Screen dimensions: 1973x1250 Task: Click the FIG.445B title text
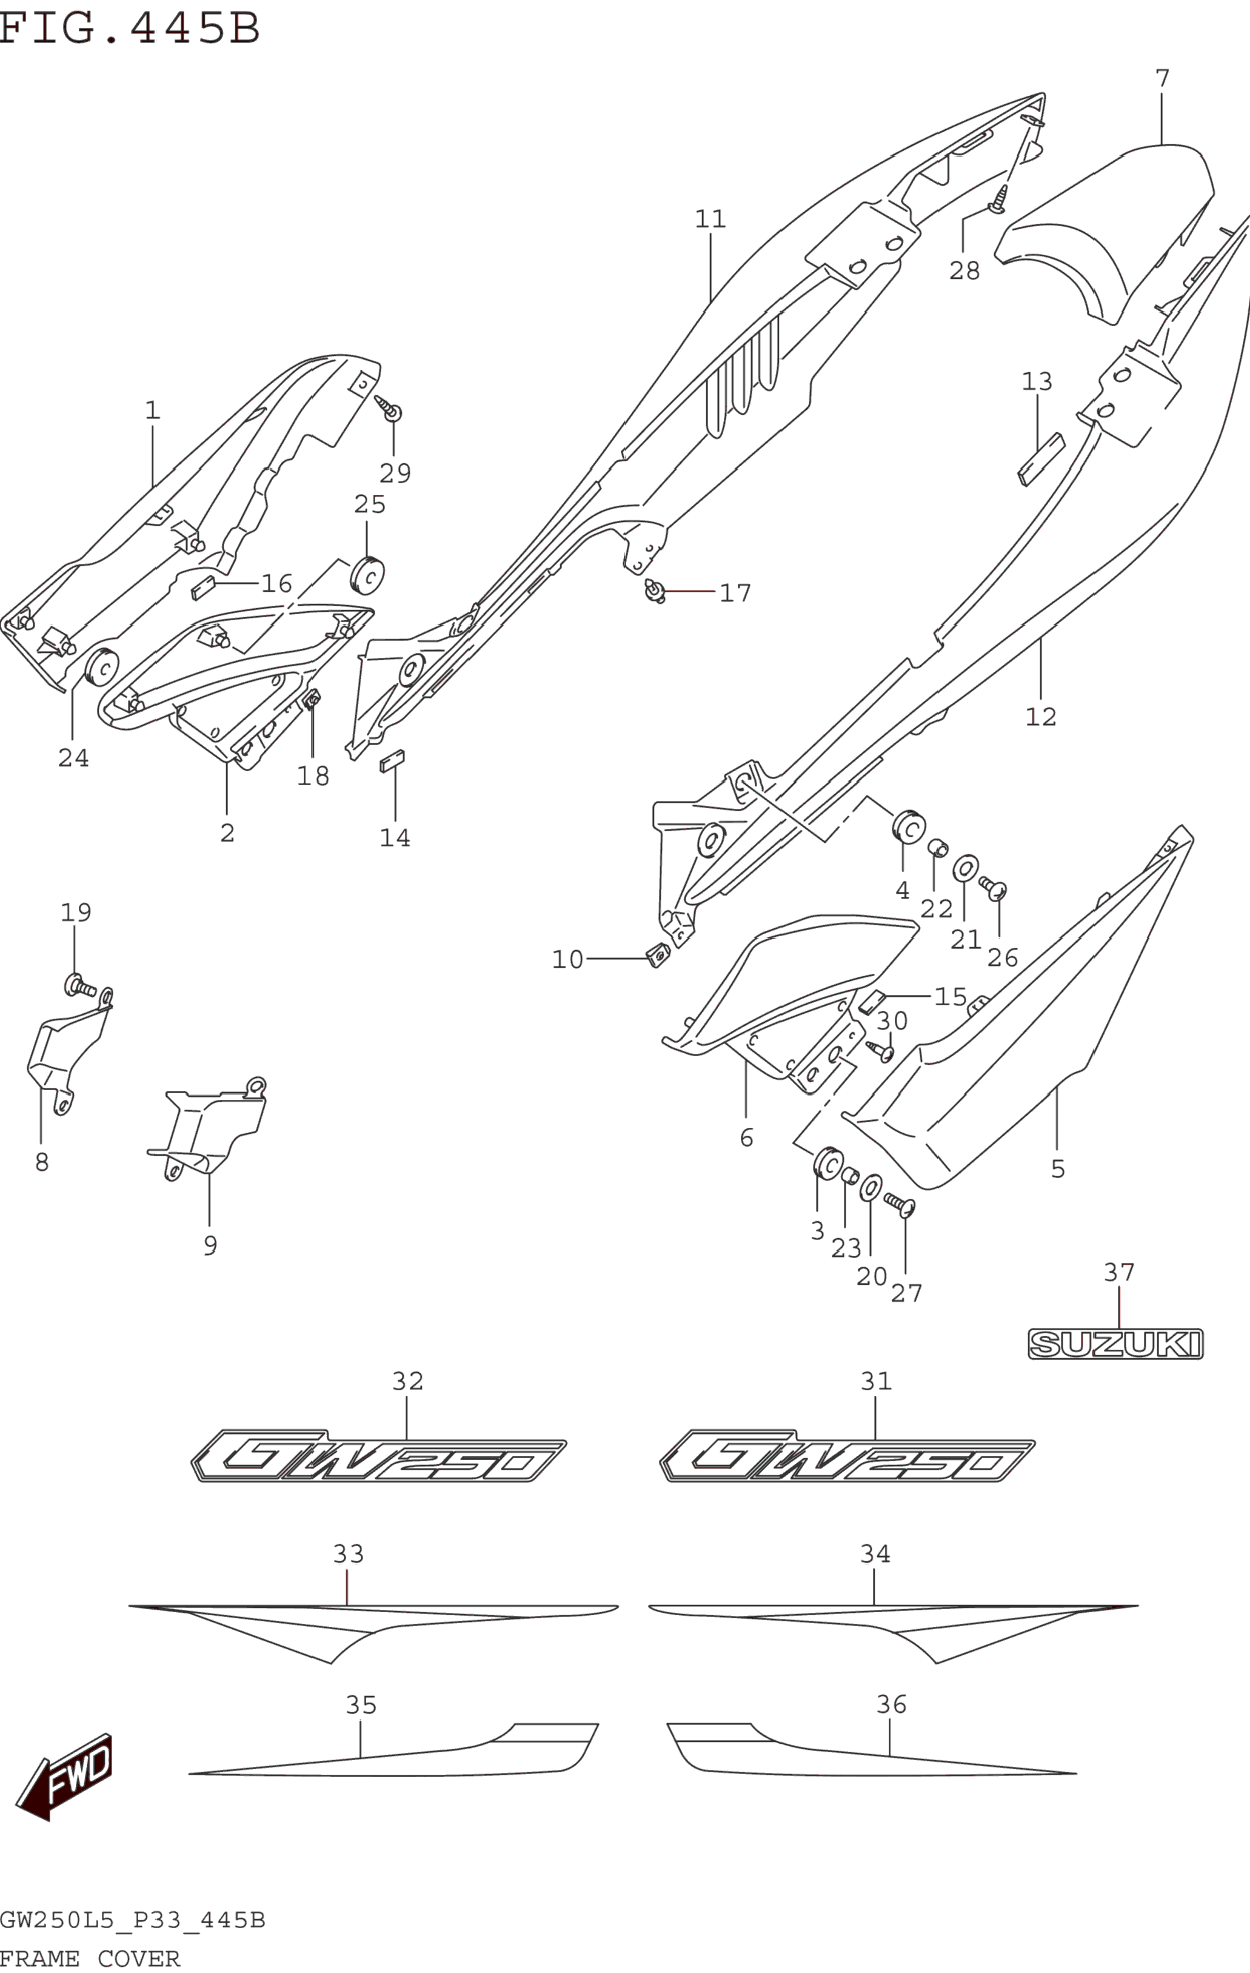click(x=129, y=28)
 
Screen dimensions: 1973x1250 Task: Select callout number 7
click(x=1161, y=79)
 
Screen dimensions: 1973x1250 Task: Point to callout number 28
click(x=964, y=270)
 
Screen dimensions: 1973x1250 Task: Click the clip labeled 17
click(x=655, y=591)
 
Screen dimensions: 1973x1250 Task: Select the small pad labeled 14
click(x=392, y=760)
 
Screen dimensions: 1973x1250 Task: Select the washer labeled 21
click(x=966, y=868)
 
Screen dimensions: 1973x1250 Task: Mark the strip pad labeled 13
click(x=1040, y=460)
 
